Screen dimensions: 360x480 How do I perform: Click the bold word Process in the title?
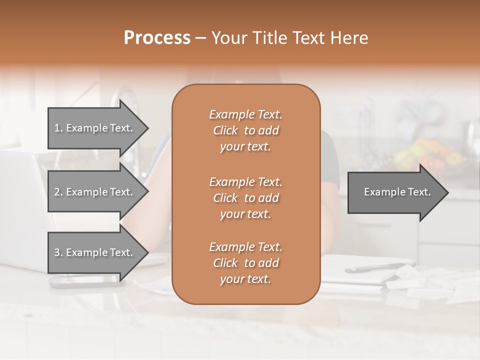coord(157,38)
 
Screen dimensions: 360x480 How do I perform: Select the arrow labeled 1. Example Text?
coord(95,128)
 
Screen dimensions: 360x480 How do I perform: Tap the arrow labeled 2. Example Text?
coord(95,192)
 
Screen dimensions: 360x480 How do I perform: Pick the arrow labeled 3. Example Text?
coord(95,252)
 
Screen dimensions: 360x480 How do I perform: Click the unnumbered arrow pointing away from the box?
coord(395,192)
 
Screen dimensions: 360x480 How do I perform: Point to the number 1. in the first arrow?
coord(58,128)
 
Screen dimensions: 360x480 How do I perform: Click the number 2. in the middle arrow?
coord(58,192)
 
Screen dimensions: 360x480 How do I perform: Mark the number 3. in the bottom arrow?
coord(58,252)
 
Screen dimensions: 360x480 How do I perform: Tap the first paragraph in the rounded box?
coord(245,130)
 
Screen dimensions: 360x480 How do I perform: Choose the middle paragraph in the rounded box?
coord(245,198)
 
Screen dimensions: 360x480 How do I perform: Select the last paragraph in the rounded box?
coord(245,263)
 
